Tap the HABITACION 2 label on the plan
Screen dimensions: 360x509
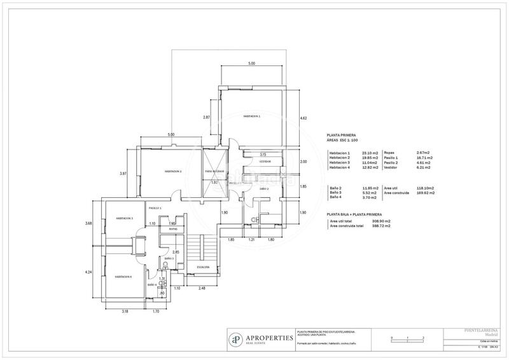pos(173,171)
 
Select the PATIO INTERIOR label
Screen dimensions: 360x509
pos(213,172)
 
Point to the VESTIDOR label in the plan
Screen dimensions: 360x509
pos(265,162)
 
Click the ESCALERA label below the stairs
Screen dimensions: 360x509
pos(203,266)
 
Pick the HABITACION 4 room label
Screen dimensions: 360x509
pos(123,277)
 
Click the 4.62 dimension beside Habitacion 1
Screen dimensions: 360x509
pos(303,118)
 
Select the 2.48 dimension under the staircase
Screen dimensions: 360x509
pos(202,289)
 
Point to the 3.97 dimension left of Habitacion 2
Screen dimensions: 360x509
pos(123,173)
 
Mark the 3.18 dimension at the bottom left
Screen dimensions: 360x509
pos(125,311)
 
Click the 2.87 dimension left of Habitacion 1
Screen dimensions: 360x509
pos(206,118)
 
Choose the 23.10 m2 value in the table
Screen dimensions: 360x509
pos(370,153)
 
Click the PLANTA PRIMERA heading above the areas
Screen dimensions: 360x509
pos(340,135)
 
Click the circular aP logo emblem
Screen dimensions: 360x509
pos(236,339)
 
